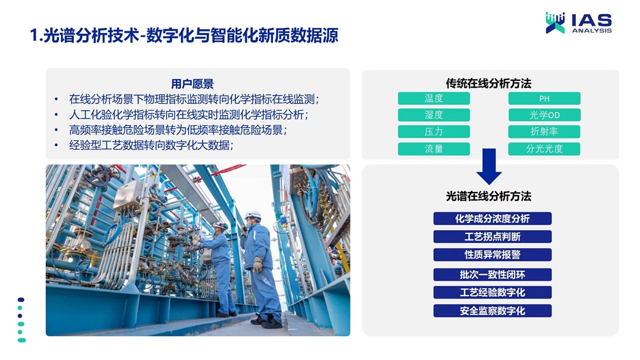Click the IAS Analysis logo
[x=579, y=23]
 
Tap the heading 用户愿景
[x=192, y=84]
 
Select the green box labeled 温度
[x=434, y=98]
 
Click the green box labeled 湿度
[x=434, y=115]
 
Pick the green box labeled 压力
[x=434, y=132]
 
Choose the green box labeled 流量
[x=434, y=149]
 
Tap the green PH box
[x=544, y=98]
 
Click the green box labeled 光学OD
[x=544, y=115]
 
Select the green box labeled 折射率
[x=544, y=132]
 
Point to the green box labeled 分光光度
[x=544, y=149]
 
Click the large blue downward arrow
[x=489, y=166]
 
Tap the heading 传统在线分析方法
[x=489, y=83]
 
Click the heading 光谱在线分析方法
[x=489, y=196]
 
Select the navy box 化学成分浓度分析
[x=492, y=219]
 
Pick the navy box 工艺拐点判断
[x=492, y=236]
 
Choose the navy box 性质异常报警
[x=492, y=255]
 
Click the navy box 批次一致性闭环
[x=492, y=274]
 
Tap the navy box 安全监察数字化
[x=492, y=311]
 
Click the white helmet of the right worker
[x=253, y=215]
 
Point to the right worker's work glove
[x=258, y=264]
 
